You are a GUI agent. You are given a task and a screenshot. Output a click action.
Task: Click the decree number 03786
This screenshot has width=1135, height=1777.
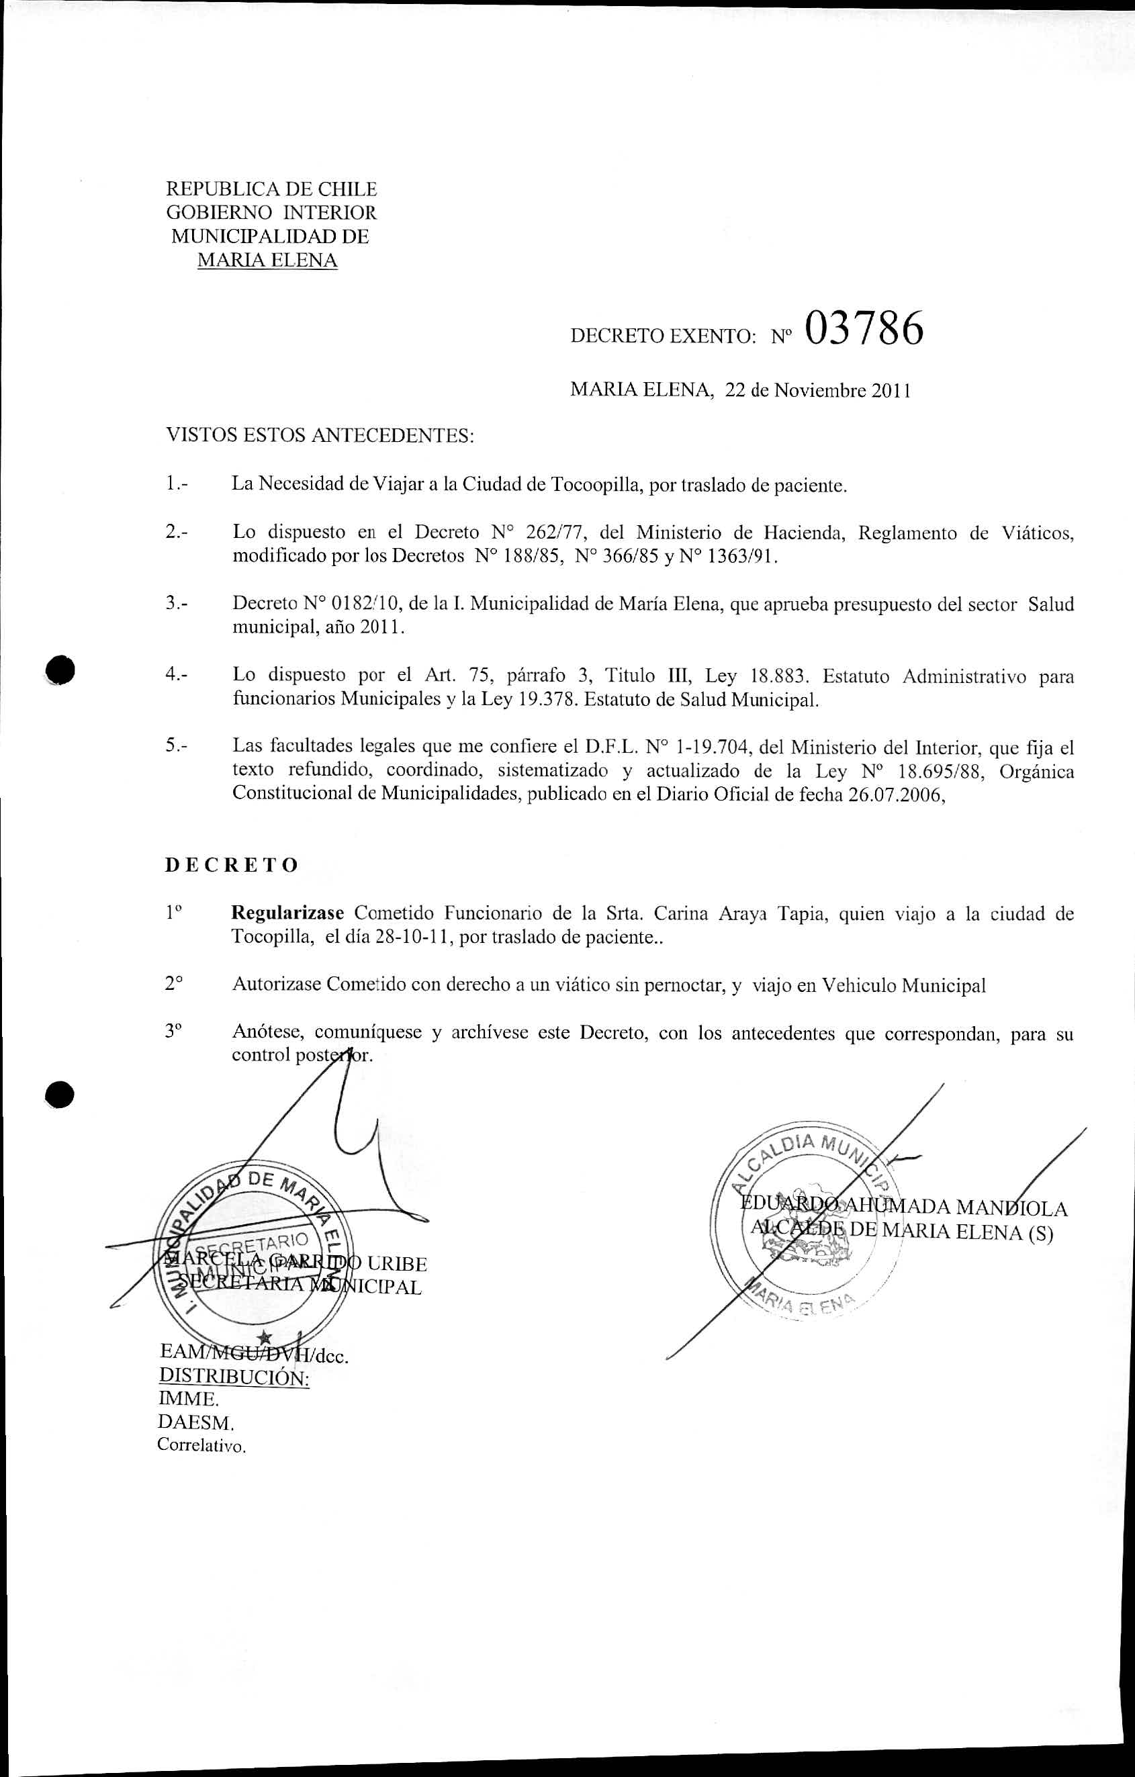[864, 329]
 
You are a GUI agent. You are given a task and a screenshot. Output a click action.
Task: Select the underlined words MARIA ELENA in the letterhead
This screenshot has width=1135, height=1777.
[267, 261]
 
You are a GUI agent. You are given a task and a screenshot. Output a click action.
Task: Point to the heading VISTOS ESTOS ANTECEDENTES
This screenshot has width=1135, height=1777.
[319, 435]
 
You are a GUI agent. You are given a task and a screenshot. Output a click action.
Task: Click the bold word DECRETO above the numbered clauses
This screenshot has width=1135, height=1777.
[231, 865]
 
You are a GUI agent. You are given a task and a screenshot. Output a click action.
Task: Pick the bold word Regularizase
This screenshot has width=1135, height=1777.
[287, 913]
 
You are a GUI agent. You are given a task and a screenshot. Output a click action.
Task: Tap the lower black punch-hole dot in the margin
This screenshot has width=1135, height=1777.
[60, 1095]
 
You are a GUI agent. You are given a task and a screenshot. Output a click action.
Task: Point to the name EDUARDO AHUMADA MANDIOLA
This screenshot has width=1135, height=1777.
[903, 1208]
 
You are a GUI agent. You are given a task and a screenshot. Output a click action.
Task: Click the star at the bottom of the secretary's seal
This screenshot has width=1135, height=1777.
[265, 1337]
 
